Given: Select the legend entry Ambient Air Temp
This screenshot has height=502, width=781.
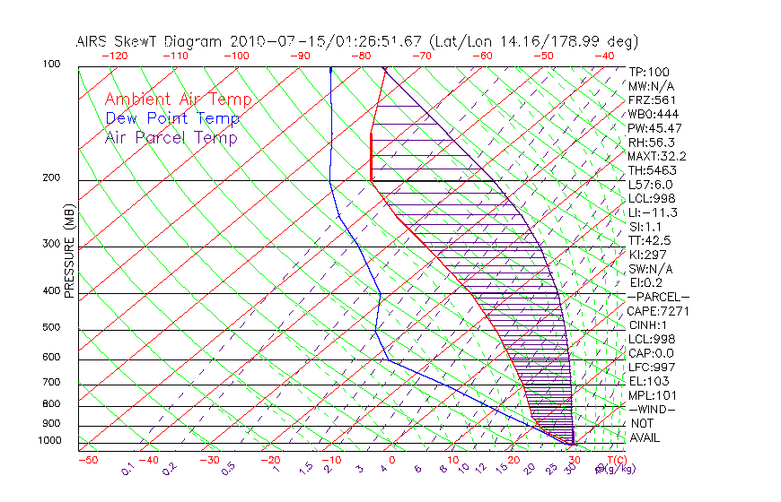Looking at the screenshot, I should tap(178, 100).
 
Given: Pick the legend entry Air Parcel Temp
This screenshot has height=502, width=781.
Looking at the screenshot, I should tap(171, 137).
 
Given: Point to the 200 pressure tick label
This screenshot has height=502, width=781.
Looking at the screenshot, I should tap(51, 178).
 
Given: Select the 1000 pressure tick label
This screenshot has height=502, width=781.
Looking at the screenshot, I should tap(48, 441).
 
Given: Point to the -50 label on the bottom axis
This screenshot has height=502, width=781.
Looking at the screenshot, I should tap(87, 460).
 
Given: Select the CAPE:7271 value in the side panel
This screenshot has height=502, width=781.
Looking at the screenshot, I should tap(658, 311).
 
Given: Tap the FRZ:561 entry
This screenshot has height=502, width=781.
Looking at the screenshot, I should tap(652, 100).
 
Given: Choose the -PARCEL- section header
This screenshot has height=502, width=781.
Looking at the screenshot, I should tap(658, 297).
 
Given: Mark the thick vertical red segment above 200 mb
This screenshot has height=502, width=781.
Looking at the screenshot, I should tap(372, 158).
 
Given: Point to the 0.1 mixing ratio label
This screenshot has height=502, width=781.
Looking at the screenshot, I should tap(127, 468).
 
